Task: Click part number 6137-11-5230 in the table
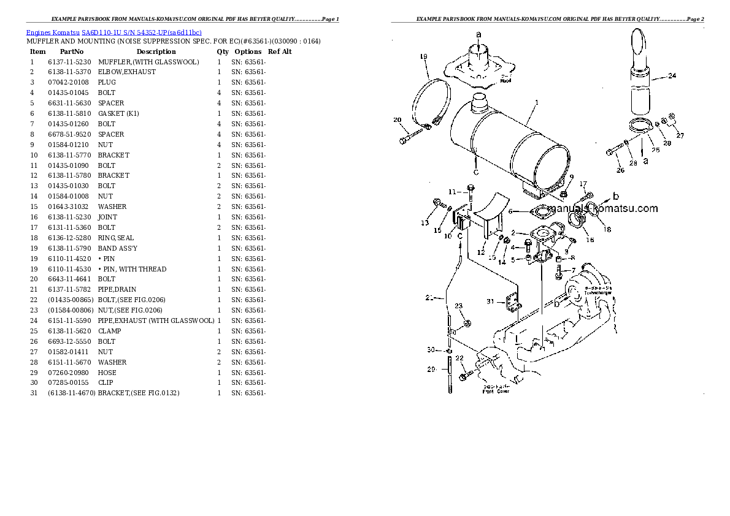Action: [69, 62]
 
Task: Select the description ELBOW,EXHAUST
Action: [126, 72]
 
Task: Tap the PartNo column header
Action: [72, 51]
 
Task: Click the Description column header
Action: [156, 51]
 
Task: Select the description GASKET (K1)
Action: [119, 113]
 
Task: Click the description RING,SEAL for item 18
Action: [115, 238]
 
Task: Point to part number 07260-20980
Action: [69, 372]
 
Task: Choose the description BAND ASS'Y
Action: [117, 248]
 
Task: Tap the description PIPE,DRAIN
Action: [117, 289]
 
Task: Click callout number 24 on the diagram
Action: [672, 76]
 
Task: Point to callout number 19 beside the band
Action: [423, 57]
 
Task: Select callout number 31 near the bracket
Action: [490, 301]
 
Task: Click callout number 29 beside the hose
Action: [431, 369]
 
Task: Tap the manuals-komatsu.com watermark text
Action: [604, 208]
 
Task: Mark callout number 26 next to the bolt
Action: [620, 170]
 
